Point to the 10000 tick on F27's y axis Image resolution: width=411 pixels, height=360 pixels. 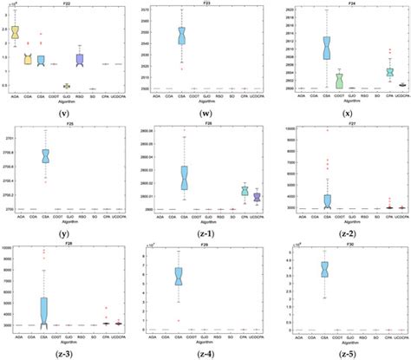[290, 128]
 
